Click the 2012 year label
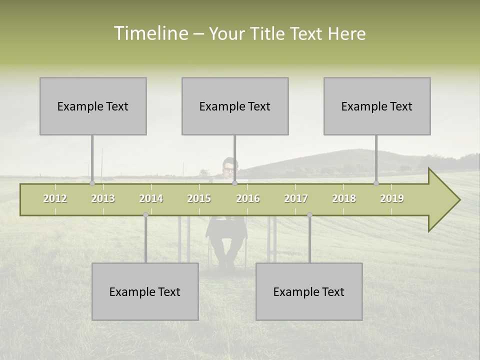55,198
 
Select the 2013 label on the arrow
103,198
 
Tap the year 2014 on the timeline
151,198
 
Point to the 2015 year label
199,198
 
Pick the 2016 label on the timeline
248,198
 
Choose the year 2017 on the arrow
296,198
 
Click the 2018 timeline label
344,198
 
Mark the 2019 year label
392,198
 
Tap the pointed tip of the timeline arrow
458,200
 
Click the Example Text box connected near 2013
93,106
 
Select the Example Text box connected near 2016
235,106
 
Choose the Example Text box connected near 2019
377,106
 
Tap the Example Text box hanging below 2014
145,291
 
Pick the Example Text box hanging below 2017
309,291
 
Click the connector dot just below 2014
145,215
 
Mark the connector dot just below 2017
309,215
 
